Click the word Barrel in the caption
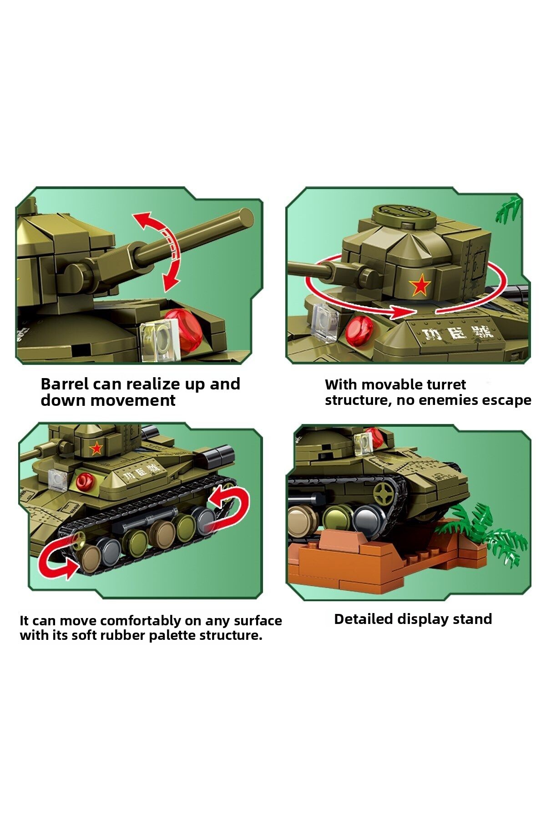pos(65,384)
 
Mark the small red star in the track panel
pos(96,449)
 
